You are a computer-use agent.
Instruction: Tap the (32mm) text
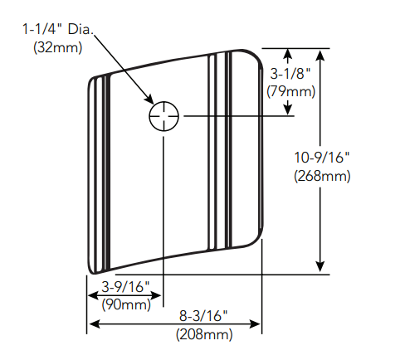57,47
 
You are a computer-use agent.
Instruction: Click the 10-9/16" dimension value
323,158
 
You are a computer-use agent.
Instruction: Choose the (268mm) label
323,175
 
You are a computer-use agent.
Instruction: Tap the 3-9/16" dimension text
125,288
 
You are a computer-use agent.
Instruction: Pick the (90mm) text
125,304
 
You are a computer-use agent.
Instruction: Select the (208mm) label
203,334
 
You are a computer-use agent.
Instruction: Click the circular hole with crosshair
164,117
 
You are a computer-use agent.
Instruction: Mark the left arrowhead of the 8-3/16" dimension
93,324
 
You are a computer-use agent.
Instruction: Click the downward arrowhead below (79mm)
287,111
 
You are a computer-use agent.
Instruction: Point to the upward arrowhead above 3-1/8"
287,55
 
